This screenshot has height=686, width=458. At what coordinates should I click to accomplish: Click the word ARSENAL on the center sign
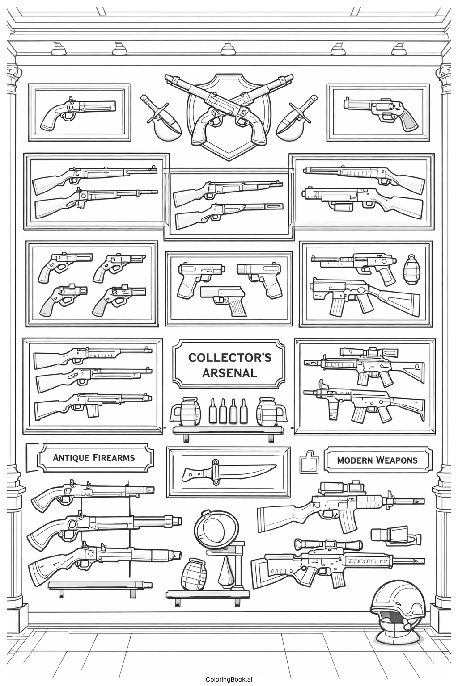point(229,373)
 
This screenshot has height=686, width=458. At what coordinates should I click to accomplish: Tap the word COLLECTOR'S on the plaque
point(229,357)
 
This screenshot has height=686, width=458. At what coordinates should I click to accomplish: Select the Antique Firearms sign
point(94,457)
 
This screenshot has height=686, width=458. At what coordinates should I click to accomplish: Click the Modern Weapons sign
point(377,460)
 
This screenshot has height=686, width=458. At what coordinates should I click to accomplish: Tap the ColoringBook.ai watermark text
point(229,679)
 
